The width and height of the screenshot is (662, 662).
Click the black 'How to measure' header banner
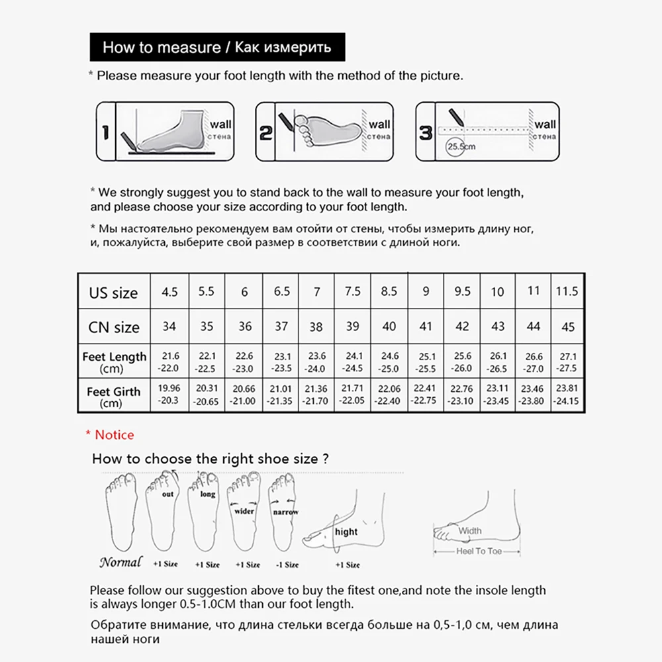217,48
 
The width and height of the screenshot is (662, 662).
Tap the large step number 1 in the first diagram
106,132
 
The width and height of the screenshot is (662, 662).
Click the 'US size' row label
113,293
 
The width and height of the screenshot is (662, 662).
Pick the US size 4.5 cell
170,291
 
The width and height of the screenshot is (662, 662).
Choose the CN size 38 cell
316,326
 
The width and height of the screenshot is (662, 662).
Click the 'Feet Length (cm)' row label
114,362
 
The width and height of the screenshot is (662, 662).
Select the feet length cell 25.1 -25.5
426,362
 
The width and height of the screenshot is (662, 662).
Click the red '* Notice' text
110,435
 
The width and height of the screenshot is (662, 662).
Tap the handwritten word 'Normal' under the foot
120,562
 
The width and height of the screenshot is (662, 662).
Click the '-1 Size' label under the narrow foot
287,565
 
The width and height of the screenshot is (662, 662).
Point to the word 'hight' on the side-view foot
346,532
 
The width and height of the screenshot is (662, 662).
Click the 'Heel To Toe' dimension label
479,551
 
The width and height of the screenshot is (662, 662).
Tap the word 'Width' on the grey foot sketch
470,530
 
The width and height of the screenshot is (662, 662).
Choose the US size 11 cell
533,291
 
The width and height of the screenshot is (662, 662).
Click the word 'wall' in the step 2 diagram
379,124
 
